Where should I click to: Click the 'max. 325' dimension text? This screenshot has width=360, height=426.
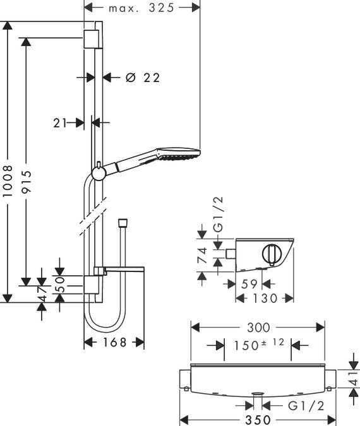coord(141,8)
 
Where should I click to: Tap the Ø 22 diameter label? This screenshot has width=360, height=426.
coord(142,78)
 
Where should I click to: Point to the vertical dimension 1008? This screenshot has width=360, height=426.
coord(8,183)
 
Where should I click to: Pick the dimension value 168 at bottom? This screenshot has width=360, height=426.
coord(114,342)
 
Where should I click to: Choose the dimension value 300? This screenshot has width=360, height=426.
coord(258,328)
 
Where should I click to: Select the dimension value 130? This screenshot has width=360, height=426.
coord(264,298)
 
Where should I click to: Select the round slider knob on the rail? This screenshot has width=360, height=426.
coord(99,172)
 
